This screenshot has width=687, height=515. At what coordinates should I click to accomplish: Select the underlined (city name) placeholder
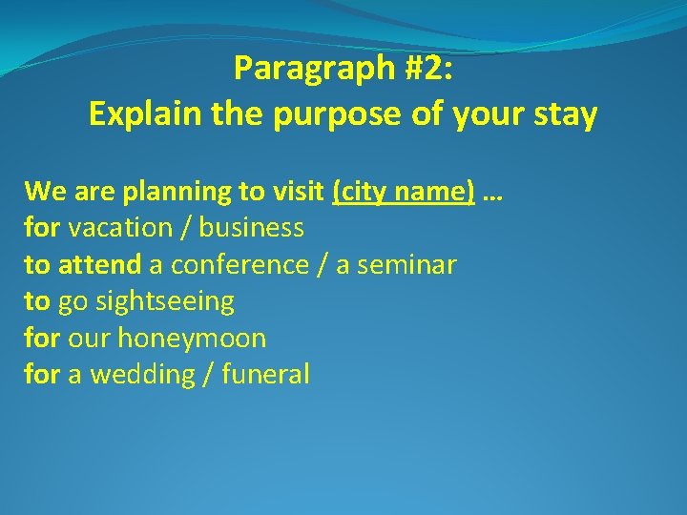point(403,192)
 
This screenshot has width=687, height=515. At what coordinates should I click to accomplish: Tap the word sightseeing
point(146,301)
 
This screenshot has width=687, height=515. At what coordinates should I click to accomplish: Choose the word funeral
point(265,375)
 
